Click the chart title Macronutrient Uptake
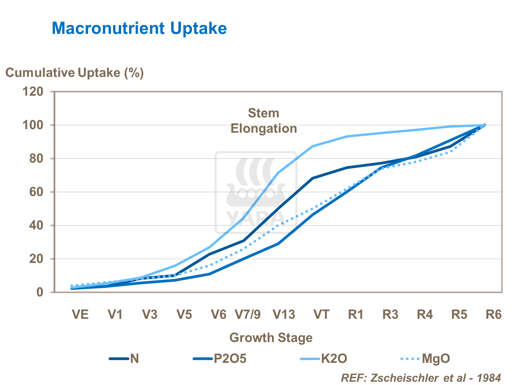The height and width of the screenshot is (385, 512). click(x=139, y=28)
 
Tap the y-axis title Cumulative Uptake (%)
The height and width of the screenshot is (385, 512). click(x=74, y=73)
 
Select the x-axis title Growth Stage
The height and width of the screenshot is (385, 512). click(x=271, y=338)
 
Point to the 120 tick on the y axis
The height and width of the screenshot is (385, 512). click(x=33, y=91)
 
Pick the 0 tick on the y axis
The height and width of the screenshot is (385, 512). click(x=40, y=292)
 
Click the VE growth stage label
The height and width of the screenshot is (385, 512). click(x=80, y=314)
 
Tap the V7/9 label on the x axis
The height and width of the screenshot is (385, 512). click(x=248, y=314)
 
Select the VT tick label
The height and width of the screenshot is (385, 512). click(x=321, y=314)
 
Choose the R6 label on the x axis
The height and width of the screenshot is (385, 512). click(x=494, y=314)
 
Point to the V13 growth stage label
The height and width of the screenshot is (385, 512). click(x=284, y=314)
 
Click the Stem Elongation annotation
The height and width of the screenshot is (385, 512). click(x=264, y=121)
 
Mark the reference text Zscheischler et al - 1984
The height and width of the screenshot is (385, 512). click(x=421, y=378)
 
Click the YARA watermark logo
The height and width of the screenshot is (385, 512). click(x=256, y=193)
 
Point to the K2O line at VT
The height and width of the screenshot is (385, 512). click(x=312, y=146)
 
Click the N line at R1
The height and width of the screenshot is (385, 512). click(x=347, y=168)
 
